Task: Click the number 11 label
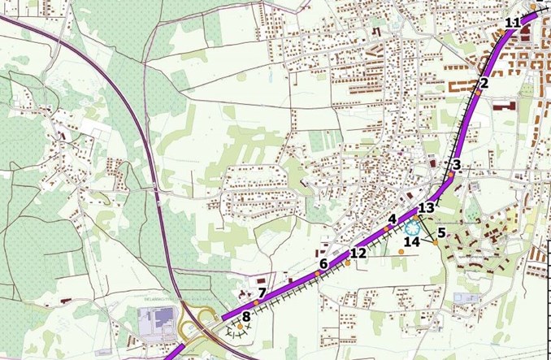pyautogui.click(x=512, y=22)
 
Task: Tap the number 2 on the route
pyautogui.click(x=483, y=82)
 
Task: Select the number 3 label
pyautogui.click(x=457, y=165)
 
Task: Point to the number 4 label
pyautogui.click(x=392, y=219)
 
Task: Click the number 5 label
pyautogui.click(x=440, y=233)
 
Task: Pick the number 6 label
pyautogui.click(x=323, y=263)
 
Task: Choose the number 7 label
pyautogui.click(x=262, y=293)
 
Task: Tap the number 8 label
pyautogui.click(x=245, y=316)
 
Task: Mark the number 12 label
pyautogui.click(x=358, y=254)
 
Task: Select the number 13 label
pyautogui.click(x=427, y=208)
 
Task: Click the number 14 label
pyautogui.click(x=412, y=241)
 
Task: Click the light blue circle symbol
pyautogui.click(x=412, y=228)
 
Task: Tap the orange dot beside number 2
pyautogui.click(x=479, y=93)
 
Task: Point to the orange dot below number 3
pyautogui.click(x=450, y=175)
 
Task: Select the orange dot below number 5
pyautogui.click(x=436, y=242)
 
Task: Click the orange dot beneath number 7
pyautogui.click(x=255, y=302)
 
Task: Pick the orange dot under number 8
pyautogui.click(x=240, y=326)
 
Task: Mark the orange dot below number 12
pyautogui.click(x=347, y=262)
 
